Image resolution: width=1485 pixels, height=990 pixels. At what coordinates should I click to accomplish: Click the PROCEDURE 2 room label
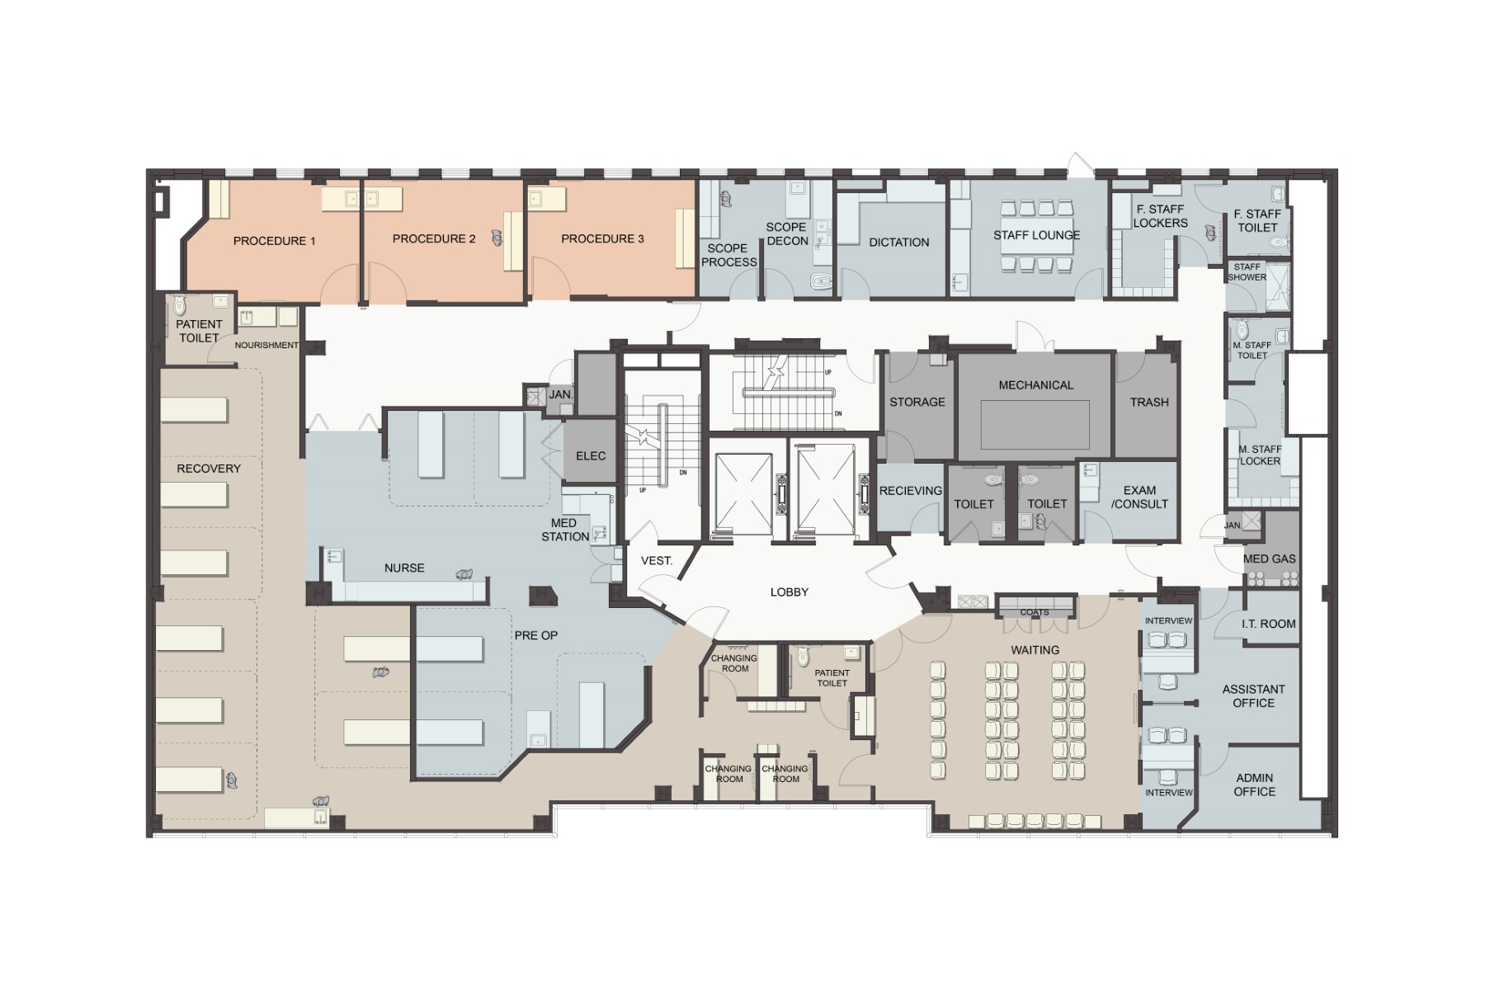click(434, 238)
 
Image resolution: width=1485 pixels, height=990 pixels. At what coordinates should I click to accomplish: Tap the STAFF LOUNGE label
click(1036, 235)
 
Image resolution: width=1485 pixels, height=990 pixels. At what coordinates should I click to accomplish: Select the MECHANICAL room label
click(1036, 385)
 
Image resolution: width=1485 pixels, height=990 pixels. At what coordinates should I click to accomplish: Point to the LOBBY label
click(790, 592)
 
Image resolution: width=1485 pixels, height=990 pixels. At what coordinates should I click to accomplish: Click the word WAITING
click(1035, 650)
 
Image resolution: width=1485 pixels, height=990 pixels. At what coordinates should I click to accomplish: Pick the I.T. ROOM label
click(1269, 625)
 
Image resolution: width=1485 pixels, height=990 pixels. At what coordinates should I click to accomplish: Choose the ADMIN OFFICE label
click(1255, 785)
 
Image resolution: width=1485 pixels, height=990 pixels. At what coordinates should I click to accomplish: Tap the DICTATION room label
click(899, 243)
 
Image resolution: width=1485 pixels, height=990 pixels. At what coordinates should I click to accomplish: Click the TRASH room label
click(1149, 403)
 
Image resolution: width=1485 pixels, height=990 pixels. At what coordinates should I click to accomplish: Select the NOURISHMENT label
click(266, 345)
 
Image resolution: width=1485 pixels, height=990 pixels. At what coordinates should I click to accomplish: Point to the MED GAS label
click(1270, 559)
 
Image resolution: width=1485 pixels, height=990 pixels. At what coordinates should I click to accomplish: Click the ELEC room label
click(591, 456)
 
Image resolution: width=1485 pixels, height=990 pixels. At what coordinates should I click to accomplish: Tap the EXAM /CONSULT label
click(1139, 497)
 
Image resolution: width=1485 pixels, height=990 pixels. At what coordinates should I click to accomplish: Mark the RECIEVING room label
click(911, 491)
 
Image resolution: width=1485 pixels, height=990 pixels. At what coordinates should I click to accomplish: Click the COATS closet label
click(1035, 612)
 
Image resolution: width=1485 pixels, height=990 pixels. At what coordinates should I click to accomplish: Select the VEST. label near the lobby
click(657, 561)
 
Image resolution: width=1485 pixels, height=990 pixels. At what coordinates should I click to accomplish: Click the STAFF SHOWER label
click(1247, 272)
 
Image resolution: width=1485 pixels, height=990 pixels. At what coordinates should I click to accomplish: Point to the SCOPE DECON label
click(787, 233)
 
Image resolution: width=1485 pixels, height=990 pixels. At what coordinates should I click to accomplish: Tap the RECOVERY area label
click(209, 469)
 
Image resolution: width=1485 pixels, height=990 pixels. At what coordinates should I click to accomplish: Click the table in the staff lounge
click(1036, 235)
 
